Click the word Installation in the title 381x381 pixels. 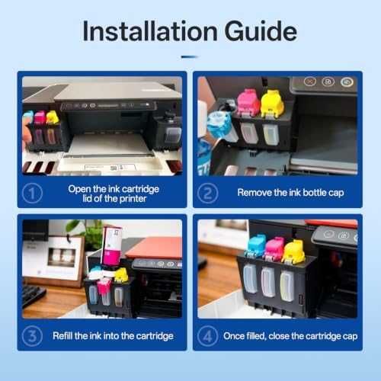[150, 31]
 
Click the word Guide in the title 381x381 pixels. [261, 31]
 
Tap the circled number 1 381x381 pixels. [32, 193]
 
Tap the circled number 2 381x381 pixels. [207, 193]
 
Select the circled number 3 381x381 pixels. [32, 336]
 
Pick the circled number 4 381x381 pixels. [207, 336]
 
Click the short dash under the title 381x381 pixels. [190, 57]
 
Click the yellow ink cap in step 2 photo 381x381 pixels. [272, 104]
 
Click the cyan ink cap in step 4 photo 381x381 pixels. [256, 245]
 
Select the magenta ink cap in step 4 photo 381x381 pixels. [275, 248]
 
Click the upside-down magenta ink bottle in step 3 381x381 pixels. [112, 245]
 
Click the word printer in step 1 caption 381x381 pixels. [133, 199]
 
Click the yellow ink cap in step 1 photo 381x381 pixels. [52, 117]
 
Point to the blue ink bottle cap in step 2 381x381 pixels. [219, 123]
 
